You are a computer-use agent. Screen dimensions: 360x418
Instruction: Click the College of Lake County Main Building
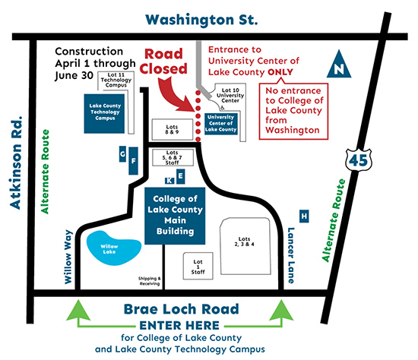[177, 215]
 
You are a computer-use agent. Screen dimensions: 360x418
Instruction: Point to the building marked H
[304, 216]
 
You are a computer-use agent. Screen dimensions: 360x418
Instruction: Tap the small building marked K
[169, 180]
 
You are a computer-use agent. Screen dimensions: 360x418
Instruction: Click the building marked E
[180, 176]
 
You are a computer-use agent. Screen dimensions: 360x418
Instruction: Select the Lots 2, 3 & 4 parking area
[245, 242]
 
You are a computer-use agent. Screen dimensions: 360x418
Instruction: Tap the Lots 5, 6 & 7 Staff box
[174, 157]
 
